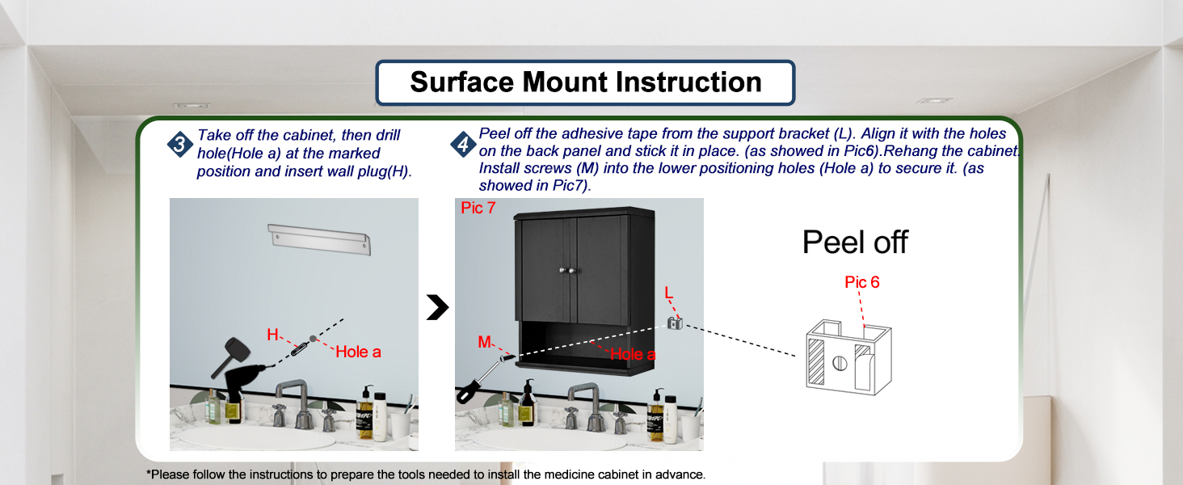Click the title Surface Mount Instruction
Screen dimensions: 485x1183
(x=585, y=82)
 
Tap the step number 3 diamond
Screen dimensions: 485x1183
(x=179, y=145)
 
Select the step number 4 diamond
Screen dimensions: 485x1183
(x=461, y=145)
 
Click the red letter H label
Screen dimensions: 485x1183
(x=273, y=334)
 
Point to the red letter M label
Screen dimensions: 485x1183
(x=484, y=342)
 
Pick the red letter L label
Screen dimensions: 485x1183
(x=667, y=292)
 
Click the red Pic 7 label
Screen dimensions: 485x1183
(x=478, y=209)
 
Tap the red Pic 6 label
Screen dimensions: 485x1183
(x=861, y=282)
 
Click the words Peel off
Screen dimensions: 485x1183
(x=855, y=242)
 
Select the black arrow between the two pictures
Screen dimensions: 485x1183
(x=437, y=307)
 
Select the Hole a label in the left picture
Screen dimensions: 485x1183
(x=358, y=352)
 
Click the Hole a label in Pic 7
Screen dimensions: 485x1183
(x=632, y=354)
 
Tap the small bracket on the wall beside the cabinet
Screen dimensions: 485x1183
(x=675, y=323)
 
